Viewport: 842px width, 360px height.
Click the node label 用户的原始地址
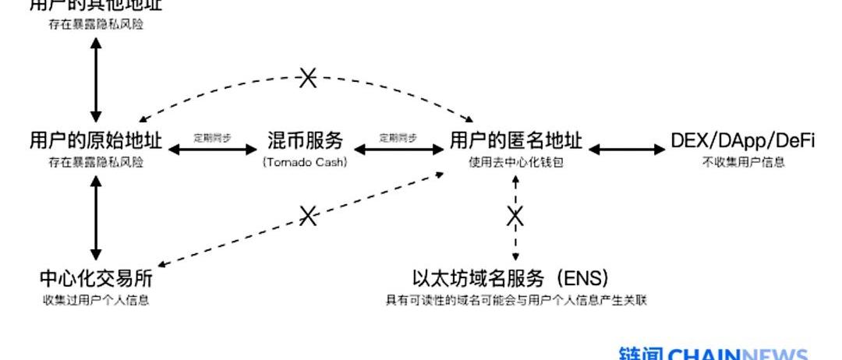coord(96,141)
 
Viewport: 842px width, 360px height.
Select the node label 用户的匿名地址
coord(515,141)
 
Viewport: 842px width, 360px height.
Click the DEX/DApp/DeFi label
coord(742,141)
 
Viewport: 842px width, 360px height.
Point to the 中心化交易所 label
coord(96,279)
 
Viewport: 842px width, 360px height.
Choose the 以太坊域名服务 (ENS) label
coord(511,279)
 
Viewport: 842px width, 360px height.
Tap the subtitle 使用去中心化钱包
coord(515,162)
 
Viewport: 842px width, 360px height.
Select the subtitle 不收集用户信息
coord(742,162)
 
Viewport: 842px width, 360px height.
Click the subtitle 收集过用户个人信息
coord(96,300)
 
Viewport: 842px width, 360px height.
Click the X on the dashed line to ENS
coord(515,215)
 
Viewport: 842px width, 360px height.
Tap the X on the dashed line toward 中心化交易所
coord(309,215)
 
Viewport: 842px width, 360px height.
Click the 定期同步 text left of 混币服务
coord(213,137)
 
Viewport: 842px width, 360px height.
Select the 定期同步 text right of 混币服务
coord(398,137)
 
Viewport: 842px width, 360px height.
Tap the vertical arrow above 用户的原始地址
coord(96,76)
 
